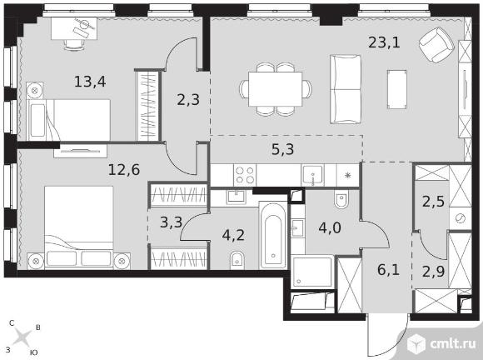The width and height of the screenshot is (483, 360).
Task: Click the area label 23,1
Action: [384, 42]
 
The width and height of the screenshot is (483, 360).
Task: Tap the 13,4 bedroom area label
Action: [90, 82]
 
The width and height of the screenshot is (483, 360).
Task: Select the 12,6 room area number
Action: [124, 170]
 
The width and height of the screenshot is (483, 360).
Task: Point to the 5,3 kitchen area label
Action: [283, 149]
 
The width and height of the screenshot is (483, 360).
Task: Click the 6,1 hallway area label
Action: [388, 270]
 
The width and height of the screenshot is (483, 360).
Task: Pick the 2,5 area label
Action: [433, 202]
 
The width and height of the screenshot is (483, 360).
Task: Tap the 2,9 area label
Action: [433, 272]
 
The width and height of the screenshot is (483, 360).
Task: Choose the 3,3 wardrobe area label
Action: [172, 222]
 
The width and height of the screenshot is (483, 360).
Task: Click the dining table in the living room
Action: [276, 89]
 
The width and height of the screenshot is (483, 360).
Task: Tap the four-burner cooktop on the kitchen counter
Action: [245, 175]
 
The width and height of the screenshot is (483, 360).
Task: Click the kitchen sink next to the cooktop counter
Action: [312, 175]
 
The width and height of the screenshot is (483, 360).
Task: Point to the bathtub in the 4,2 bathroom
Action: [273, 235]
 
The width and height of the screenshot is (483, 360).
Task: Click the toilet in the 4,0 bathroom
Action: [341, 199]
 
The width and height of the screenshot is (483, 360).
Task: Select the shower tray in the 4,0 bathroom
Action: [312, 272]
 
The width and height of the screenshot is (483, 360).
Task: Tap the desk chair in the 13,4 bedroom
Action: [74, 44]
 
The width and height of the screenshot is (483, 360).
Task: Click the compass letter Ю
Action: [34, 352]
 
